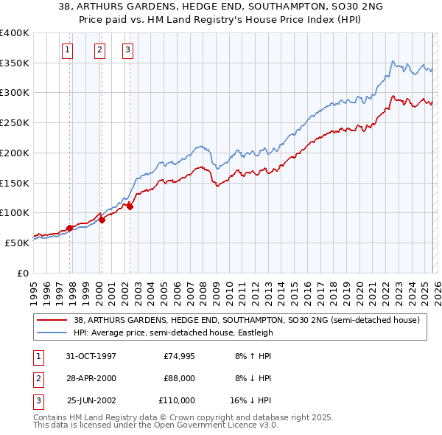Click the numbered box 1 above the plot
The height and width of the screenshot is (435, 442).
[67, 50]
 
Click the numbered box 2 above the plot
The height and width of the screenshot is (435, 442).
[99, 50]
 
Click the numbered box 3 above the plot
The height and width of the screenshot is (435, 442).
[127, 50]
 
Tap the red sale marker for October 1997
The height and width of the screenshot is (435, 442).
[70, 228]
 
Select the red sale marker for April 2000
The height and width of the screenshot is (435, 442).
[102, 220]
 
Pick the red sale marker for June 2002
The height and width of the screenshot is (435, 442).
[130, 207]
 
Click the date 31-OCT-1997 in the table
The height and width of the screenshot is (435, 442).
[91, 356]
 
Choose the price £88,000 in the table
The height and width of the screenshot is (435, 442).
[178, 378]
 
